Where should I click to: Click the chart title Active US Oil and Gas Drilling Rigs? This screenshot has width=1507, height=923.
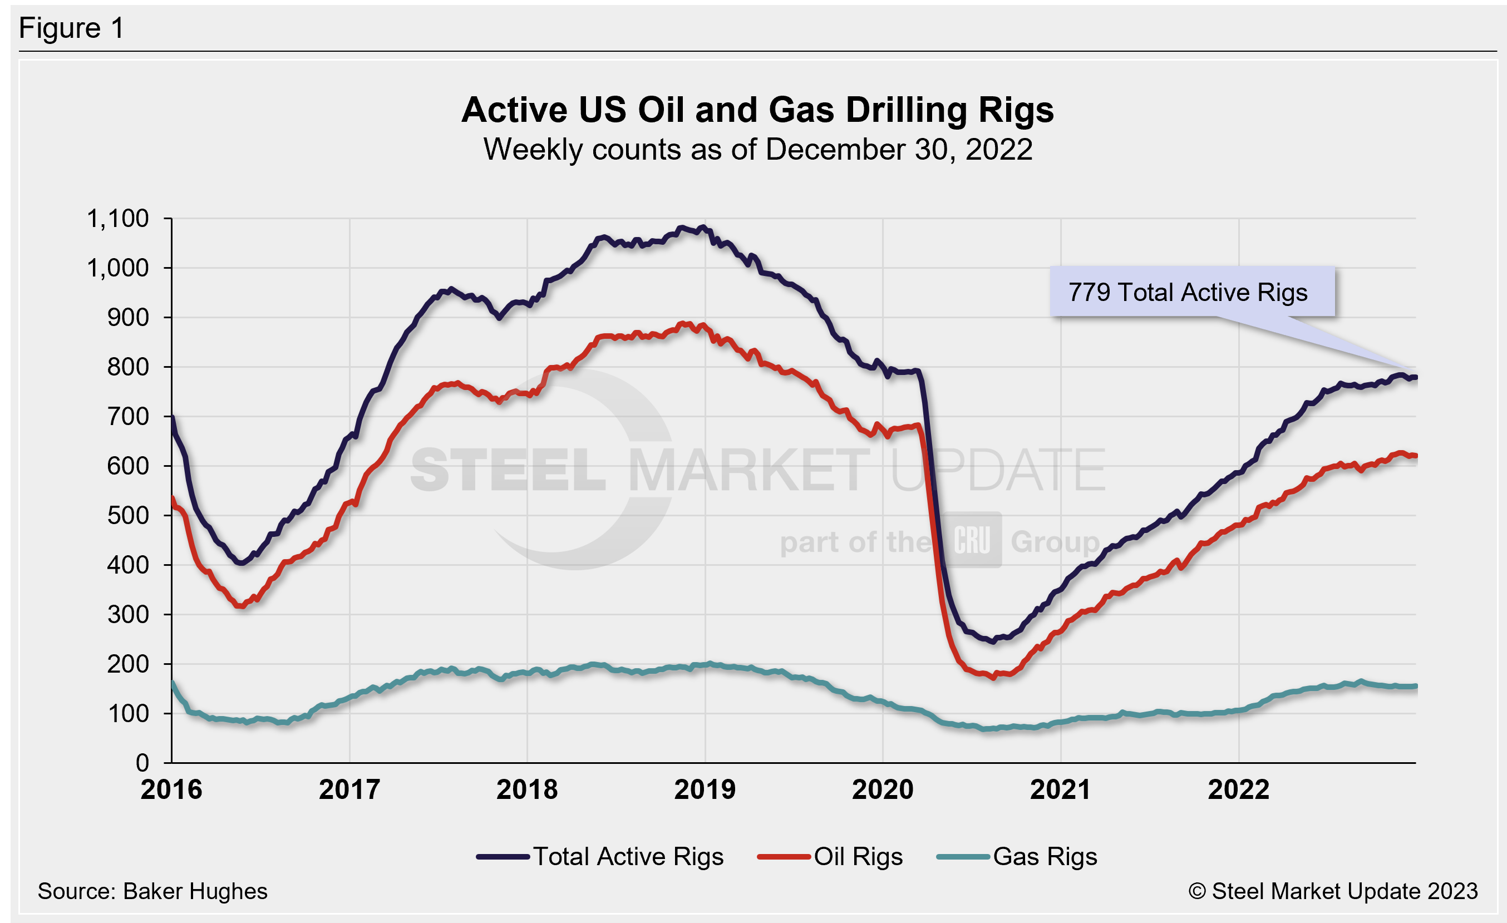(757, 110)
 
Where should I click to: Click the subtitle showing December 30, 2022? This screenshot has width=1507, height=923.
(757, 150)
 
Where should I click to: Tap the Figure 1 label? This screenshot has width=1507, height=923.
(72, 28)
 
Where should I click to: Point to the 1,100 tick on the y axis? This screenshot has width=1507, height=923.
(117, 218)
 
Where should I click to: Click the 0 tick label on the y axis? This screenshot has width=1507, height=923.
(142, 762)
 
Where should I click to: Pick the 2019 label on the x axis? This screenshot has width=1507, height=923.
(705, 789)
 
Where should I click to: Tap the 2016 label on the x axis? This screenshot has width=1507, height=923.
(171, 789)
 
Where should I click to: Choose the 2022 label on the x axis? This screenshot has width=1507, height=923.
(1239, 789)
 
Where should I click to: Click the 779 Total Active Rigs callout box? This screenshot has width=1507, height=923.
(1191, 292)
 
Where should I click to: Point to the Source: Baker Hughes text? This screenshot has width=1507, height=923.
(152, 891)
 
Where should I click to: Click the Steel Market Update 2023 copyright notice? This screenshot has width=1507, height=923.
(1333, 891)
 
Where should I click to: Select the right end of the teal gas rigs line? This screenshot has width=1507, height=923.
(1415, 687)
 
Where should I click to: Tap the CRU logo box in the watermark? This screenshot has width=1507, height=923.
(971, 540)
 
